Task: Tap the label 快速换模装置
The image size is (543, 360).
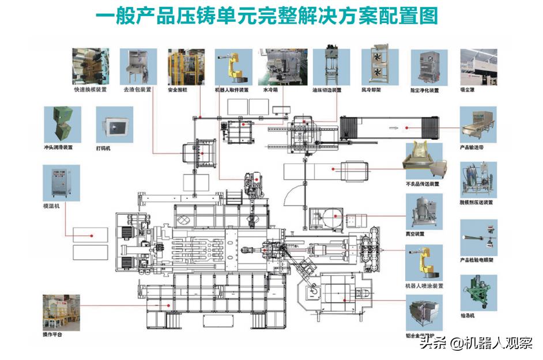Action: pyautogui.click(x=90, y=90)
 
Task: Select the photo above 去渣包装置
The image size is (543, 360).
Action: pyautogui.click(x=138, y=67)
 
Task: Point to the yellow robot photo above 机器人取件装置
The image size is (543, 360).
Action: pyautogui.click(x=232, y=67)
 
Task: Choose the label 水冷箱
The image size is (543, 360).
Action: pyautogui.click(x=271, y=90)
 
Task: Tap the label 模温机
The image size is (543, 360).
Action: pyautogui.click(x=51, y=205)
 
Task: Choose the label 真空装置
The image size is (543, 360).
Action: pyautogui.click(x=415, y=234)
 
